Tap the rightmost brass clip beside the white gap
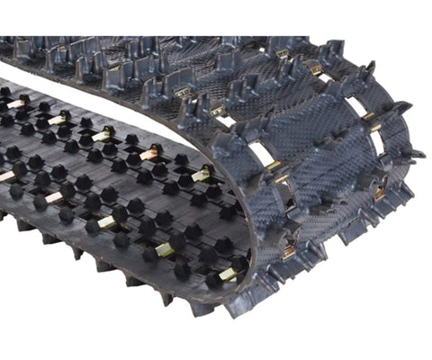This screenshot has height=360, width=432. click(x=204, y=174)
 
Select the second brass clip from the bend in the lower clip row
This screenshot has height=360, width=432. click(x=169, y=248)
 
